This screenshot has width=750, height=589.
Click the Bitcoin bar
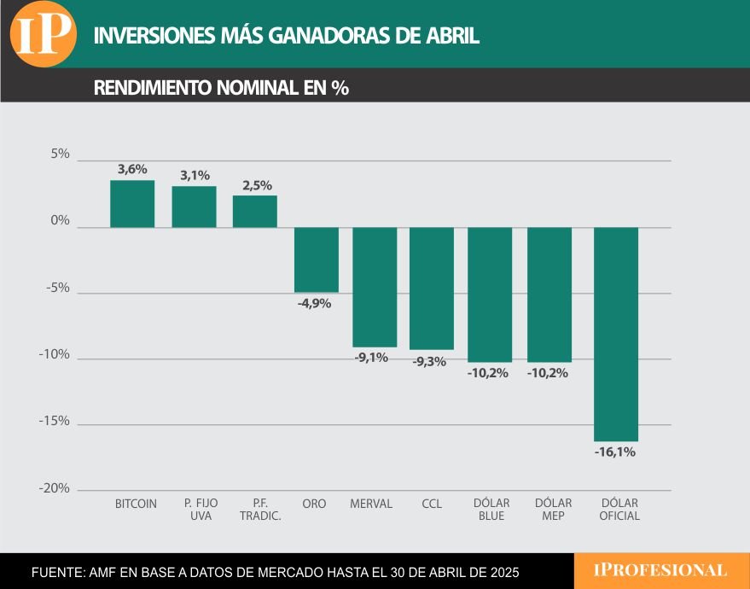[x=132, y=204]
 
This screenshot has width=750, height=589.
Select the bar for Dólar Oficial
[x=616, y=334]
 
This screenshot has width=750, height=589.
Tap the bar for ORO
[x=317, y=260]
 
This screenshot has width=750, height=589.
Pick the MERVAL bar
[x=375, y=287]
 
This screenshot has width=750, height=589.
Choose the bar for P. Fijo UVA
[x=194, y=207]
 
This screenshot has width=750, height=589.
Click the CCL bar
[x=432, y=289]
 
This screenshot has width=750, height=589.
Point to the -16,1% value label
[x=615, y=452]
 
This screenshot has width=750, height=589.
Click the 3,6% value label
[x=132, y=169]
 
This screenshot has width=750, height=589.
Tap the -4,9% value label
[x=314, y=303]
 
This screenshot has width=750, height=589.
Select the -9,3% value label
[x=429, y=362]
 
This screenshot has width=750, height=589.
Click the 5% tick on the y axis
[x=60, y=155]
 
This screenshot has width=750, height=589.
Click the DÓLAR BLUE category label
[x=491, y=510]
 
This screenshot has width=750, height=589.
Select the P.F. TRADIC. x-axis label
[x=260, y=510]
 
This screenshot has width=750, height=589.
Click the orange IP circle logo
[x=43, y=33]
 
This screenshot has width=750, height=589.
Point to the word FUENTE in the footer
[x=56, y=571]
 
